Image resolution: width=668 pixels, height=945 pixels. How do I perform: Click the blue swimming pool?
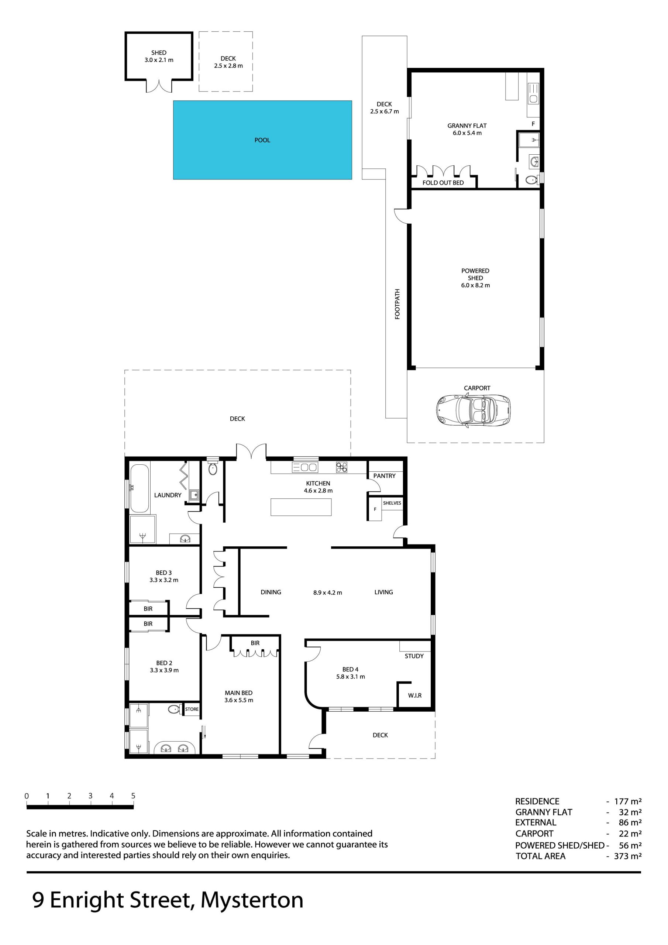pos(262,140)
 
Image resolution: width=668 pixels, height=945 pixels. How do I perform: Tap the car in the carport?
pos(474,410)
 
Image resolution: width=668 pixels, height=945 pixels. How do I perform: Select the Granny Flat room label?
pos(467,126)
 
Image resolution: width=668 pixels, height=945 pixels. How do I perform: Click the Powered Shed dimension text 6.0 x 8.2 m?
pos(475,285)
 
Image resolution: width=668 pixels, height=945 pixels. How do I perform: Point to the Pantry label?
pos(384,476)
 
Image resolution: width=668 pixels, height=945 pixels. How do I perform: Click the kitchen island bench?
pos(301,507)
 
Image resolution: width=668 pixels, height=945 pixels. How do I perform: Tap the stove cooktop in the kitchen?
pos(342,467)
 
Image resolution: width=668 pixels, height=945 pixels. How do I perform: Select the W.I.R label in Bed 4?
pos(414,695)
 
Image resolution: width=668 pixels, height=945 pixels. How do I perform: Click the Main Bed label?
pos(238,693)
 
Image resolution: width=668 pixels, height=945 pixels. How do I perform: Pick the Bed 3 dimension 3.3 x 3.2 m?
pos(164,580)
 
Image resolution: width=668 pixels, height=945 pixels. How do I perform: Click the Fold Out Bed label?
pos(443,183)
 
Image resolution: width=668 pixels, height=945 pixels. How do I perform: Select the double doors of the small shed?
pos(159,86)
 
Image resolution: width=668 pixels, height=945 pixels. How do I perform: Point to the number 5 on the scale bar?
pos(133,795)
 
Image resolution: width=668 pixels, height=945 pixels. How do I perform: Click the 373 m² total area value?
pos(628,856)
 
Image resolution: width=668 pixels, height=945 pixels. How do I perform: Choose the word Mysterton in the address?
pos(252,900)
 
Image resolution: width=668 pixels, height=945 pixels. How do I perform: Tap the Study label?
pos(414,656)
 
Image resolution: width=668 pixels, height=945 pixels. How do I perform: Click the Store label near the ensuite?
pos(192,709)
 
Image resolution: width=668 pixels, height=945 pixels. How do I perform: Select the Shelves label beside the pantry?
pos(392,503)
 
